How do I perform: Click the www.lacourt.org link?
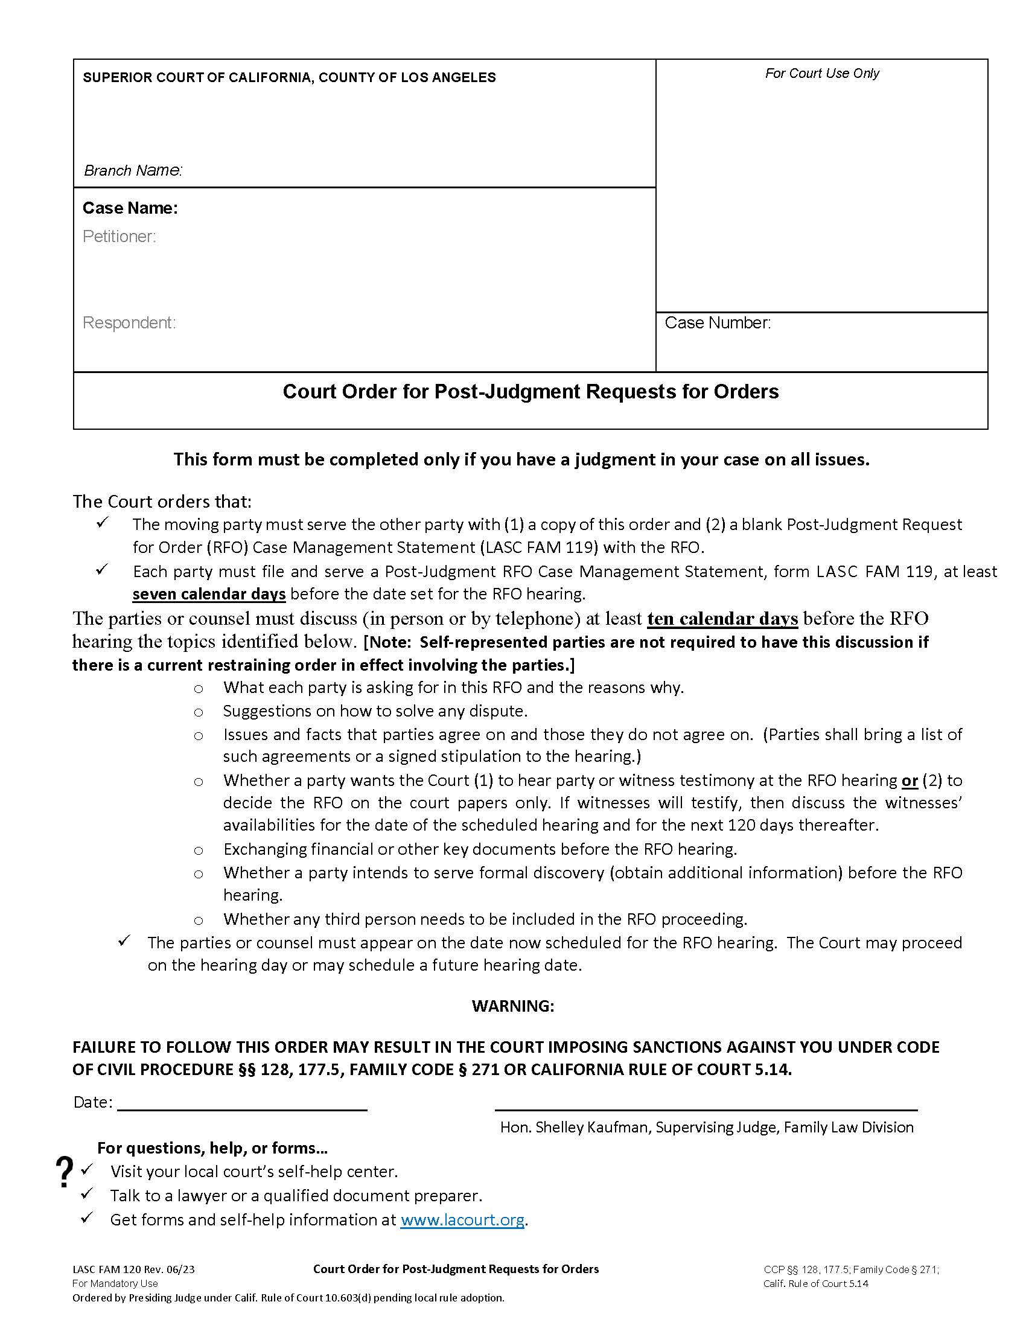[x=462, y=1219]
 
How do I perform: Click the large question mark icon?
[x=64, y=1172]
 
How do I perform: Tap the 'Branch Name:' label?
[x=133, y=171]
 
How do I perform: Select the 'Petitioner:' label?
[x=119, y=237]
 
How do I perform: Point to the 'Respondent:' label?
[x=129, y=323]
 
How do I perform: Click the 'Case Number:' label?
[x=717, y=323]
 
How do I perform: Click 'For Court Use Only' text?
[x=822, y=74]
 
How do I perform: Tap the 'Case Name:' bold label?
[x=130, y=208]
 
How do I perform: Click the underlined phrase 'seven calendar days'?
[x=209, y=593]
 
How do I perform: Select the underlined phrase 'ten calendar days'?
[x=722, y=618]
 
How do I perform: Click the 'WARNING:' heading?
[x=512, y=1006]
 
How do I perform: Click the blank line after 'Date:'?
[x=242, y=1103]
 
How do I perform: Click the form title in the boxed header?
[x=530, y=392]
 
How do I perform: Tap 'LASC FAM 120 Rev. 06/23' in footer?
[x=134, y=1269]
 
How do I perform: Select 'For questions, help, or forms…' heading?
[x=212, y=1148]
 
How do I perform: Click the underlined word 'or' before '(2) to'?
[x=910, y=780]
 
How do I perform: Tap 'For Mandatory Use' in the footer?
[x=115, y=1283]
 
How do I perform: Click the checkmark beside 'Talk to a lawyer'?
[x=87, y=1193]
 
